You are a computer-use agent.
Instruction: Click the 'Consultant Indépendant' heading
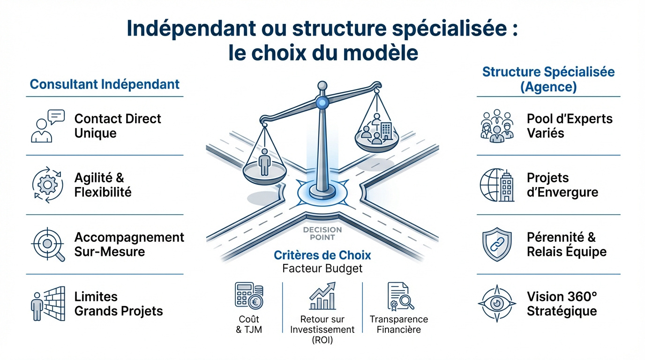(x=105, y=84)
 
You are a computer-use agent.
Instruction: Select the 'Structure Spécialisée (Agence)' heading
(x=548, y=79)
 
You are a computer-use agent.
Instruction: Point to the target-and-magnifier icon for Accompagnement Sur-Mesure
(x=48, y=244)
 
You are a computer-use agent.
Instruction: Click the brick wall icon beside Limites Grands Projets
(x=47, y=304)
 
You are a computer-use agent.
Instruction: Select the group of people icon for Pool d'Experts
(x=497, y=126)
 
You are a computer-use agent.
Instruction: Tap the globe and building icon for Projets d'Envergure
(x=497, y=185)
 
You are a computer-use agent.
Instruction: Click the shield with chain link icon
(x=496, y=244)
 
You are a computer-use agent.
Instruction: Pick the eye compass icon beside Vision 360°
(x=496, y=304)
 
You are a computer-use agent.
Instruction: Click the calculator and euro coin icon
(x=249, y=296)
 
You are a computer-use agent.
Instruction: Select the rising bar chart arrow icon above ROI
(x=322, y=296)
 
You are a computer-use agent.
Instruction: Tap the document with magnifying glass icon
(x=400, y=296)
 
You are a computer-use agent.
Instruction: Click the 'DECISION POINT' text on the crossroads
(x=322, y=233)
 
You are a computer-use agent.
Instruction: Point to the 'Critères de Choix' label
(x=322, y=255)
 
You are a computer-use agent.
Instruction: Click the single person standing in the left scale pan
(x=264, y=162)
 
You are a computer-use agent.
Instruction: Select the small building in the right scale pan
(x=386, y=129)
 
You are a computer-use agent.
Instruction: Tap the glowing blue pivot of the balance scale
(x=322, y=103)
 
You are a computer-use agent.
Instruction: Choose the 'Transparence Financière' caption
(x=399, y=324)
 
